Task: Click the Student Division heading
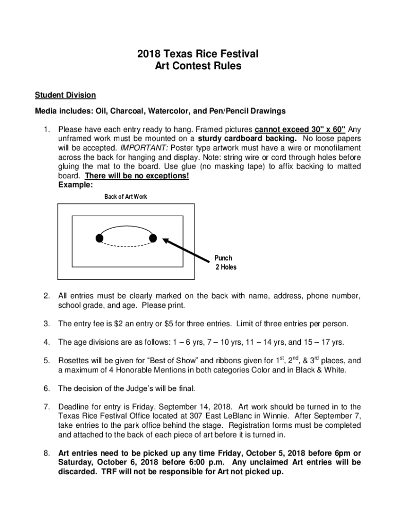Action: [x=65, y=95]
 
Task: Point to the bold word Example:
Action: [x=76, y=185]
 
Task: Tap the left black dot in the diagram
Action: [x=99, y=237]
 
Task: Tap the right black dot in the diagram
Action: [x=153, y=237]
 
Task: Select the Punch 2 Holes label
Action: [x=224, y=262]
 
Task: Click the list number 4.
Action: [x=46, y=342]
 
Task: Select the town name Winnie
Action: [x=263, y=416]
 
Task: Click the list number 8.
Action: [x=46, y=453]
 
